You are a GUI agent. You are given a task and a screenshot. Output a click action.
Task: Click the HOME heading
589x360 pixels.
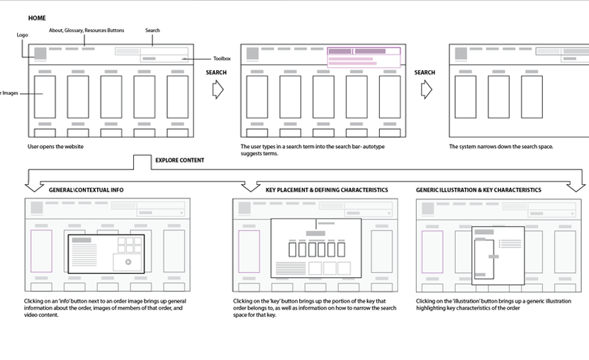[x=37, y=18]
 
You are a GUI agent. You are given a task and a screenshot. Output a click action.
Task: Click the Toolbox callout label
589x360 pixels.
[x=222, y=59]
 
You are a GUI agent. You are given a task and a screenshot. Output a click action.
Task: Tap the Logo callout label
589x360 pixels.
[x=22, y=35]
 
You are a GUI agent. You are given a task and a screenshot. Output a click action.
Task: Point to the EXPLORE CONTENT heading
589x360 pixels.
[x=179, y=160]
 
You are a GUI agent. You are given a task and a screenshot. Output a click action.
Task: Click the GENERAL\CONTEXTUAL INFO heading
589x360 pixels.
[x=86, y=190]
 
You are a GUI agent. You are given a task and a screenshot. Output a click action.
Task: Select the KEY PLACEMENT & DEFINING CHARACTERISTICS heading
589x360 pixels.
[x=327, y=190]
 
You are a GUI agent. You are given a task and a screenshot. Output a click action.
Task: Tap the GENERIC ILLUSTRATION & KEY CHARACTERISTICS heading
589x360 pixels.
[x=478, y=190]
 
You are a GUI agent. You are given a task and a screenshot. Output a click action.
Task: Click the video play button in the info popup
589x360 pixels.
[x=128, y=261]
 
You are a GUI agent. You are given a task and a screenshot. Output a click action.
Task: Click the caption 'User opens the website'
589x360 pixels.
[x=55, y=147]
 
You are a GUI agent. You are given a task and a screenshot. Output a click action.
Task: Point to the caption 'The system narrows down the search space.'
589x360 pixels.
[x=500, y=147]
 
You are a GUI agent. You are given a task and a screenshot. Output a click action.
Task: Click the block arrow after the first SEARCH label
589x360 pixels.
[x=218, y=89]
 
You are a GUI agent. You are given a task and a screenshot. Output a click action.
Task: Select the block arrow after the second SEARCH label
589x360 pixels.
[x=426, y=89]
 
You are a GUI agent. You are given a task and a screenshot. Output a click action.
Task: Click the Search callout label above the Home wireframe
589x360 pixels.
[x=152, y=30]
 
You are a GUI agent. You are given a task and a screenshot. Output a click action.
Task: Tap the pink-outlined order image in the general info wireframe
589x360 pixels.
[x=41, y=251]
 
